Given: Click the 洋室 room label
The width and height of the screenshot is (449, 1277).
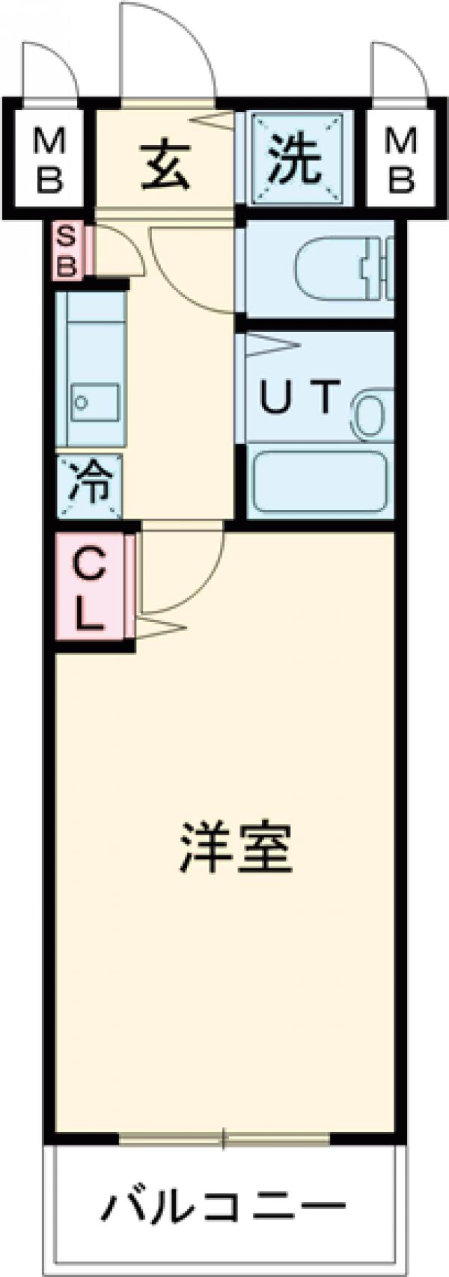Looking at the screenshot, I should (235, 849).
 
